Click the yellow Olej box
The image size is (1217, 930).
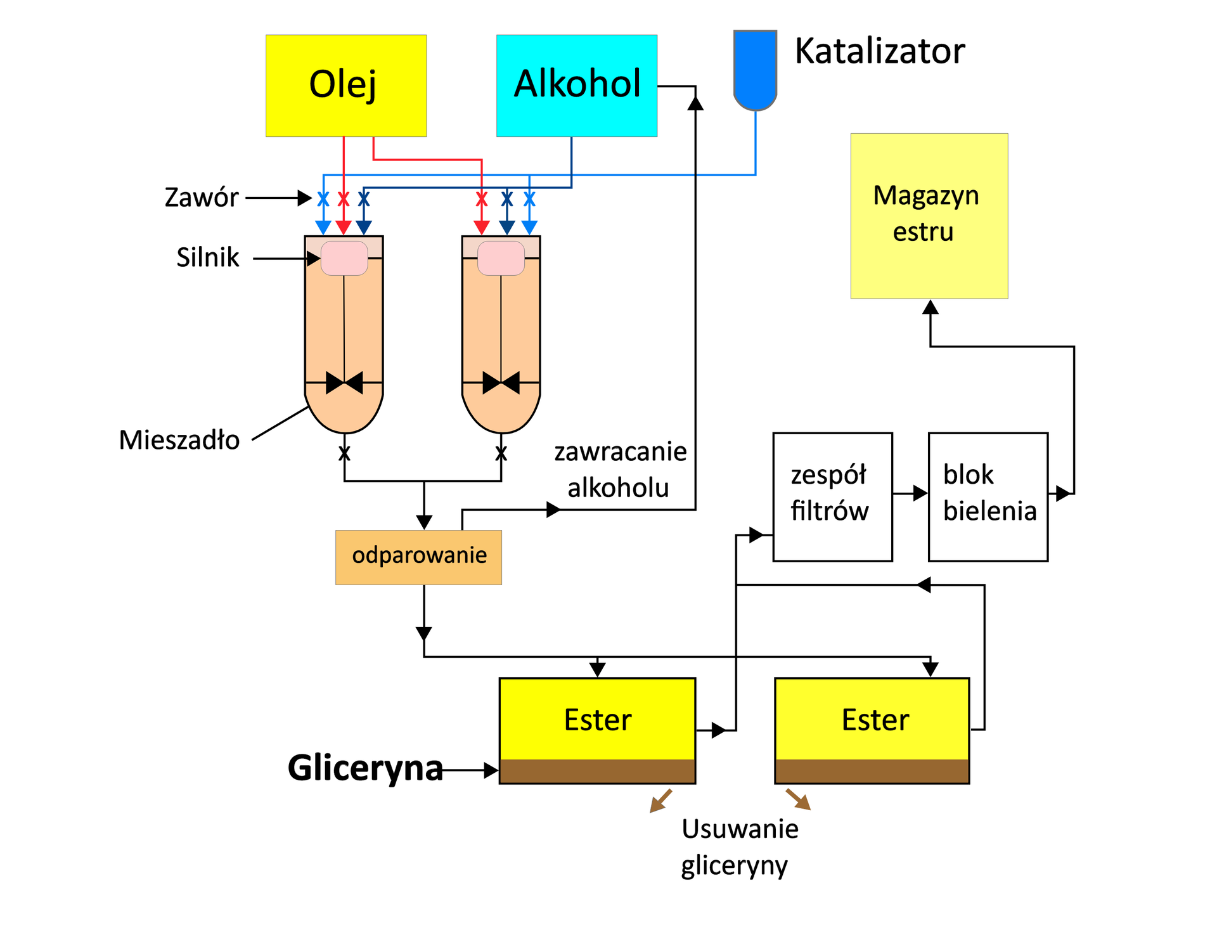(x=345, y=85)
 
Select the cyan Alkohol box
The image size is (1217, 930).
(x=576, y=85)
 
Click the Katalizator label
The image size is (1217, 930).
(x=879, y=51)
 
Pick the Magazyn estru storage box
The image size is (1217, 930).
(x=929, y=216)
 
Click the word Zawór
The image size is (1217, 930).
(x=201, y=198)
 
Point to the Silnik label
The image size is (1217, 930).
(x=207, y=257)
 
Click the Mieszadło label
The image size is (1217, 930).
(x=179, y=440)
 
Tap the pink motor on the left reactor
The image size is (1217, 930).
(x=344, y=258)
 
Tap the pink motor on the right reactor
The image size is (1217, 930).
(x=501, y=258)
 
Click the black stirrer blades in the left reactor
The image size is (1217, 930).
(x=344, y=383)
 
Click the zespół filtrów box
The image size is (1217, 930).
(x=832, y=496)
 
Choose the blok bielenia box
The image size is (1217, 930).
(x=988, y=496)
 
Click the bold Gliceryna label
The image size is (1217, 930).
(x=365, y=768)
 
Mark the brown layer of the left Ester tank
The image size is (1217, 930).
(x=597, y=771)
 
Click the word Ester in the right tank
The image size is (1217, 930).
(x=875, y=720)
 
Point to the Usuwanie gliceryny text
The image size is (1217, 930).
(x=738, y=846)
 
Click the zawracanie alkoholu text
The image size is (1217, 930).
(x=620, y=470)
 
